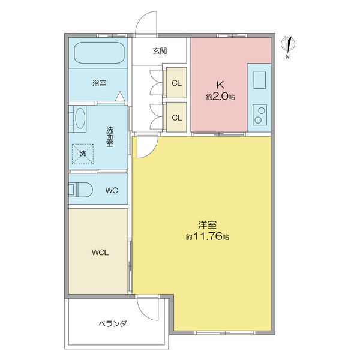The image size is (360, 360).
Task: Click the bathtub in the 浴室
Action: [100, 53]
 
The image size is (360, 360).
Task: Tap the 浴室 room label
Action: [100, 83]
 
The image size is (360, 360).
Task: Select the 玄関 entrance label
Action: [160, 51]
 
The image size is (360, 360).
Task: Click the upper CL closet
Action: [176, 83]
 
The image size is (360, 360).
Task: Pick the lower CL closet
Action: [176, 118]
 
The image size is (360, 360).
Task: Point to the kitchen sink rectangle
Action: [260, 80]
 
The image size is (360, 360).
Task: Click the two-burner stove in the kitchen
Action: [260, 115]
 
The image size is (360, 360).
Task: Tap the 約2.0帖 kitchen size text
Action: [220, 97]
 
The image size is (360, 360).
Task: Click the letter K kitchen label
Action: [220, 85]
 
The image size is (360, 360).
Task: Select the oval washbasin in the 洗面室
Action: [80, 118]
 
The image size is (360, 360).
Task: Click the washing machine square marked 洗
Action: [83, 154]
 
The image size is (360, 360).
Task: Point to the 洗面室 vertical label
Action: [110, 137]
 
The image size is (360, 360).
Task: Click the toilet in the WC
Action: [81, 190]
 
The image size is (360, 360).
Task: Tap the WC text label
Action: [112, 190]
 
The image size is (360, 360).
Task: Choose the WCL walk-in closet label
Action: [100, 253]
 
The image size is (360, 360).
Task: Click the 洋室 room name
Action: [208, 225]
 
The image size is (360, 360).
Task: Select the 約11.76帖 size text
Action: [208, 236]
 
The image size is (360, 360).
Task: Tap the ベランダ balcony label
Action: [113, 324]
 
